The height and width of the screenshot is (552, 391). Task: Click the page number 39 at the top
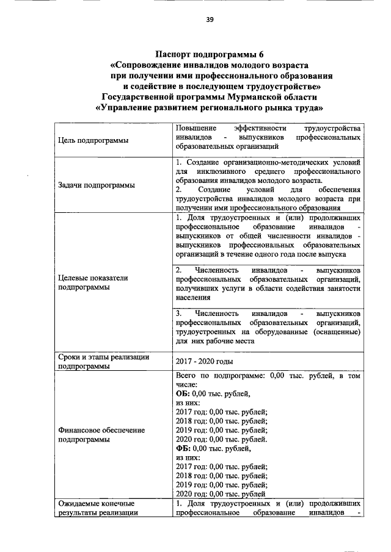(x=210, y=20)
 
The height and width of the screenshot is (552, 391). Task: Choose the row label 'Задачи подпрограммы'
(x=97, y=185)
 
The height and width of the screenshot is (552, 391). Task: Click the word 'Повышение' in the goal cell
(x=195, y=129)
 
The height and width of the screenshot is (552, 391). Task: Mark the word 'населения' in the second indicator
(x=192, y=298)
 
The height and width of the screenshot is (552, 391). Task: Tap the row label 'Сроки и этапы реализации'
(x=103, y=357)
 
